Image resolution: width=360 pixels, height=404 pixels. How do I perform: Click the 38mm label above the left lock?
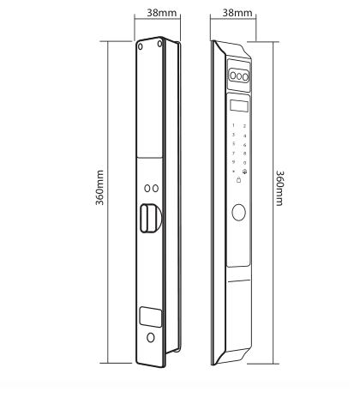point(162,13)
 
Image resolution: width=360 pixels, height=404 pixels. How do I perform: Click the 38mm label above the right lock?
point(237,13)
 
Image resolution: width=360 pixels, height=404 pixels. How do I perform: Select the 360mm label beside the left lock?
point(99,188)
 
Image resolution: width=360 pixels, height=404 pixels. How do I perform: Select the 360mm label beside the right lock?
point(279,188)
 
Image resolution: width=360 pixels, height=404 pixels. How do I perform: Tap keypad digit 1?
point(233,125)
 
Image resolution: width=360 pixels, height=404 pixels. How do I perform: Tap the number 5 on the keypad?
point(234,144)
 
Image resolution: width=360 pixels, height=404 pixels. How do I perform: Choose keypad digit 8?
point(244,154)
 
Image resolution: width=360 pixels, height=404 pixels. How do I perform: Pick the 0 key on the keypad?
point(244,163)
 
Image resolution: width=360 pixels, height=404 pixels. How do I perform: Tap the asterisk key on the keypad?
point(234,172)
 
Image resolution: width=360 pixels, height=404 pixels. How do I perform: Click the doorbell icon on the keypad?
point(244,172)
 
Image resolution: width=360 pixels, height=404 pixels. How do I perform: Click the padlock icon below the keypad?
point(239,180)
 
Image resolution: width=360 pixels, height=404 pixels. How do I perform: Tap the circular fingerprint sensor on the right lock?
point(238,213)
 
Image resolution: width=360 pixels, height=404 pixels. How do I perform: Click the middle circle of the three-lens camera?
point(239,76)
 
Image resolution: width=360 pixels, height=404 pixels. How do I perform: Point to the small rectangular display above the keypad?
point(239,106)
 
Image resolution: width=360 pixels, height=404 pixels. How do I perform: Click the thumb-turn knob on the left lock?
point(149,218)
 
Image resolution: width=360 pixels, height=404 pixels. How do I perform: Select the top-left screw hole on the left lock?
point(141,46)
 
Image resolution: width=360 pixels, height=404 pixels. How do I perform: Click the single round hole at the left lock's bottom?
point(151,338)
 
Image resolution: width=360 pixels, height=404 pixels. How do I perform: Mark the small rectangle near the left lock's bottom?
point(151,317)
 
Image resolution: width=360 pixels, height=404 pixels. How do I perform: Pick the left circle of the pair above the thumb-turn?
point(147,189)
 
